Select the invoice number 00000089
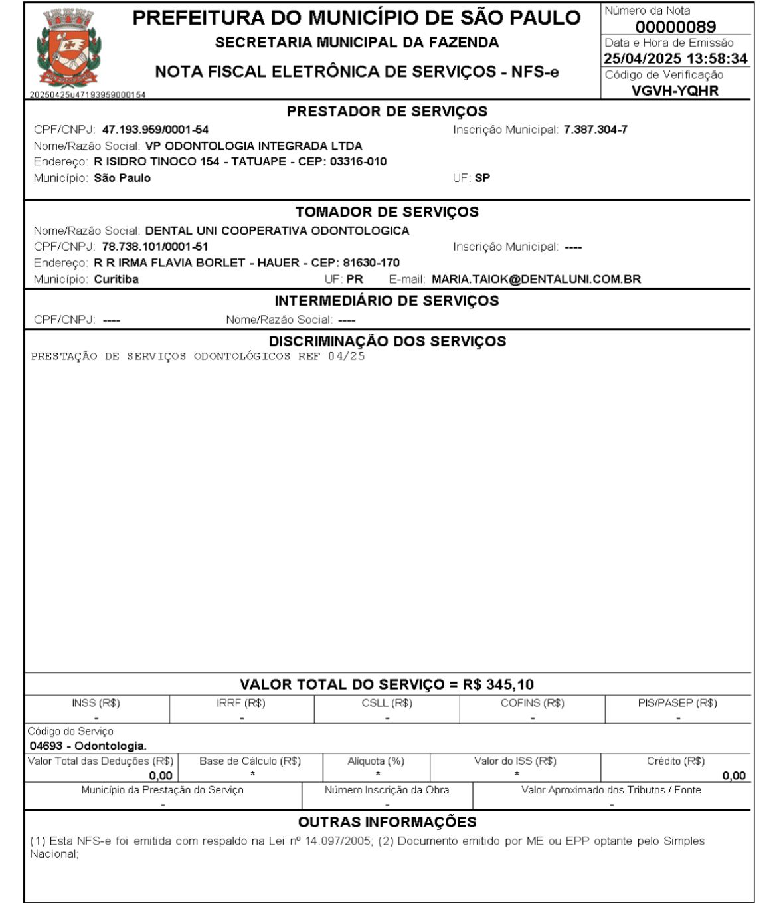coord(675,27)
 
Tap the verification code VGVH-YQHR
coord(675,90)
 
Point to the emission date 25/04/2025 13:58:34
coord(675,58)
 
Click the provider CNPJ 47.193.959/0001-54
coord(155,130)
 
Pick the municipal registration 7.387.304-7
coord(595,130)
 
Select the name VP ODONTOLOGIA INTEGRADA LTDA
coord(254,146)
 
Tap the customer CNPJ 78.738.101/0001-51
coord(155,247)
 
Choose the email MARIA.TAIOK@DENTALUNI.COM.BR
coord(536,279)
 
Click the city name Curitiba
coord(116,279)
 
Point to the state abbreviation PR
coord(355,279)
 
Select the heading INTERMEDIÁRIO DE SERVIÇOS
coord(387,301)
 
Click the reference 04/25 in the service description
coord(346,356)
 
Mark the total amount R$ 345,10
coord(498,684)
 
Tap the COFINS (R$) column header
coord(532,703)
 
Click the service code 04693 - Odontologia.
coord(88,746)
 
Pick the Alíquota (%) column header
coord(376,761)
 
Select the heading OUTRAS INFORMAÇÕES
coord(387,822)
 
